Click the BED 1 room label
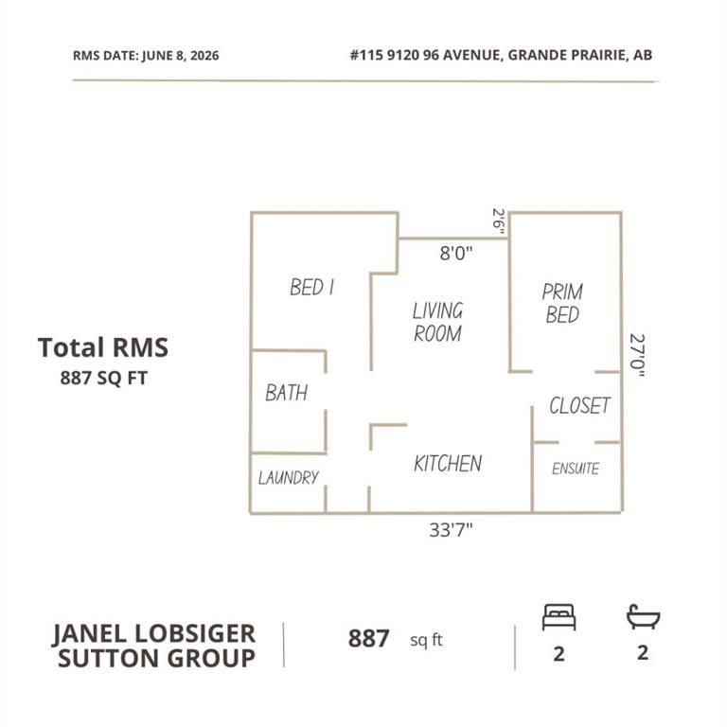click(311, 287)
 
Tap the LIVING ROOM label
click(437, 322)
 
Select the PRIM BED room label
click(562, 303)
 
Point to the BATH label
click(286, 393)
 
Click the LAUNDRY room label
click(289, 477)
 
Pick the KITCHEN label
click(448, 463)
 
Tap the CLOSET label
click(579, 405)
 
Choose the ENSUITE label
click(576, 469)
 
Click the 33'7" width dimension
click(451, 529)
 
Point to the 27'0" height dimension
click(636, 355)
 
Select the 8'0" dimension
click(456, 253)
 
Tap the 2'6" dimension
click(499, 222)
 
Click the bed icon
click(559, 617)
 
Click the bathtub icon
click(643, 616)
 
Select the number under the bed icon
click(559, 654)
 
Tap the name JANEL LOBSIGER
click(154, 634)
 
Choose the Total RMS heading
click(103, 347)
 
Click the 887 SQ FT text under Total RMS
click(104, 378)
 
